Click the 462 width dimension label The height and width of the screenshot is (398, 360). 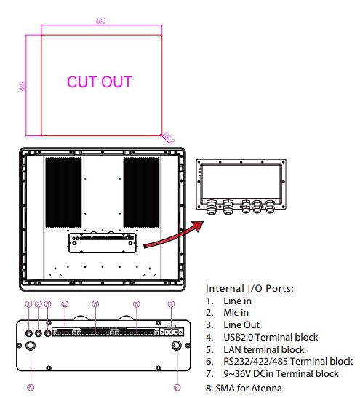click(100, 21)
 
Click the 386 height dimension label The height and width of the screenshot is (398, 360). click(23, 87)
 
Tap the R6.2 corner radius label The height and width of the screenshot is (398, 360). click(169, 138)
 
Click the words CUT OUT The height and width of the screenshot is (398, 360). click(100, 81)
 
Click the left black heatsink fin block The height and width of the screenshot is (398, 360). click(63, 192)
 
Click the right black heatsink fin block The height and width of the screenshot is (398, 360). click(141, 192)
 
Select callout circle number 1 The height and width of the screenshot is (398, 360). click(29, 304)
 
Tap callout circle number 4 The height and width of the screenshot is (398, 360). click(65, 304)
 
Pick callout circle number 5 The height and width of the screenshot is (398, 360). click(95, 304)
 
